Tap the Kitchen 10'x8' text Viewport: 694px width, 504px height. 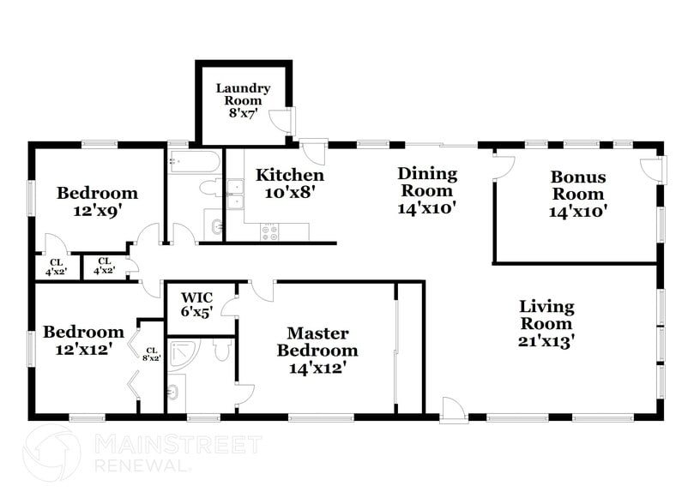pyautogui.click(x=289, y=184)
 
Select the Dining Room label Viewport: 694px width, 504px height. pyautogui.click(x=426, y=189)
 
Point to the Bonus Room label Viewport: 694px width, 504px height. pyautogui.click(x=577, y=194)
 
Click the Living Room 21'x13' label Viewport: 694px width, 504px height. pyautogui.click(x=546, y=323)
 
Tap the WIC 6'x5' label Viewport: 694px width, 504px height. pyautogui.click(x=196, y=305)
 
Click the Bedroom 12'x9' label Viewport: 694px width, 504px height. pyautogui.click(x=97, y=201)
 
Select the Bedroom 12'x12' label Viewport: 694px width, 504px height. pyautogui.click(x=84, y=339)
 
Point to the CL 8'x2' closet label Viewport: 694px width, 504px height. pyautogui.click(x=151, y=353)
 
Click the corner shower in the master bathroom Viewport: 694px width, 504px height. pyautogui.click(x=182, y=351)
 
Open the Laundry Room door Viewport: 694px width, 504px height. pyautogui.click(x=281, y=121)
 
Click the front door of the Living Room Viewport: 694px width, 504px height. pyautogui.click(x=453, y=410)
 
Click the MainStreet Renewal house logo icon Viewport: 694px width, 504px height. pyautogui.click(x=54, y=453)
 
